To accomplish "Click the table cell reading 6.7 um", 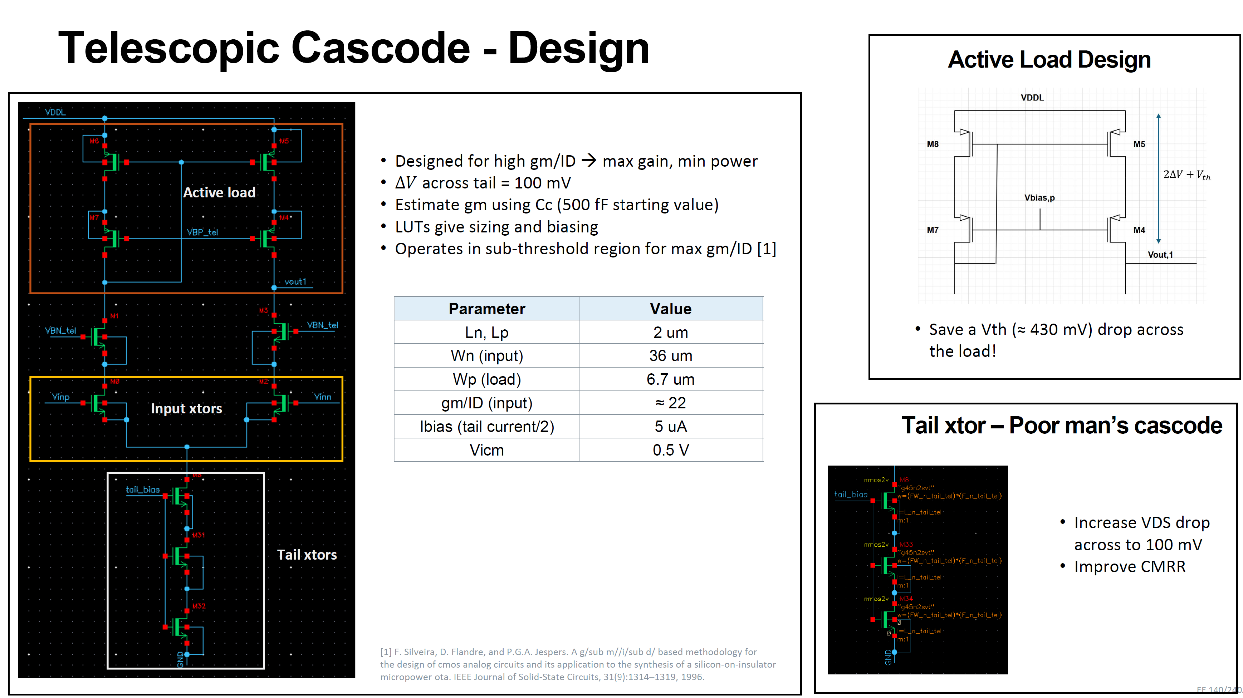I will [670, 379].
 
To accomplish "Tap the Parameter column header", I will [486, 309].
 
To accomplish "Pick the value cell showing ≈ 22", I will [670, 403].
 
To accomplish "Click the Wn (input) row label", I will [486, 355].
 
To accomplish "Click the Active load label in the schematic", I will [219, 192].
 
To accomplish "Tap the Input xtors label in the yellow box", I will [186, 409].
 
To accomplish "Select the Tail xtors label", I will [307, 555].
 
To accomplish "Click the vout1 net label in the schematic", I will [295, 282].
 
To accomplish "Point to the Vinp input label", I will [61, 397].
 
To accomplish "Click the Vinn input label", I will [322, 397].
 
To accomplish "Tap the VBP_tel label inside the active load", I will [202, 232].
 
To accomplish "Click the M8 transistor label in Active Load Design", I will [932, 144].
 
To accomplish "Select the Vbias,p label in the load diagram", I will [1039, 198].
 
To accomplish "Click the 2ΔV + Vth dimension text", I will [1186, 174].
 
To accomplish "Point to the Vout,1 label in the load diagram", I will [1160, 255].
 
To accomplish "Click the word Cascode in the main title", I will [380, 48].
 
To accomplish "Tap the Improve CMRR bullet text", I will [1129, 566].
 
